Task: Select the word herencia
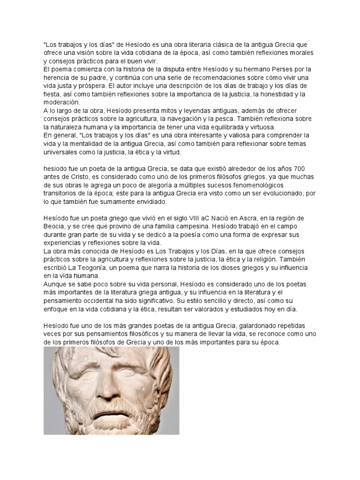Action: coord(57,77)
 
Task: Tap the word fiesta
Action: coord(52,94)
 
